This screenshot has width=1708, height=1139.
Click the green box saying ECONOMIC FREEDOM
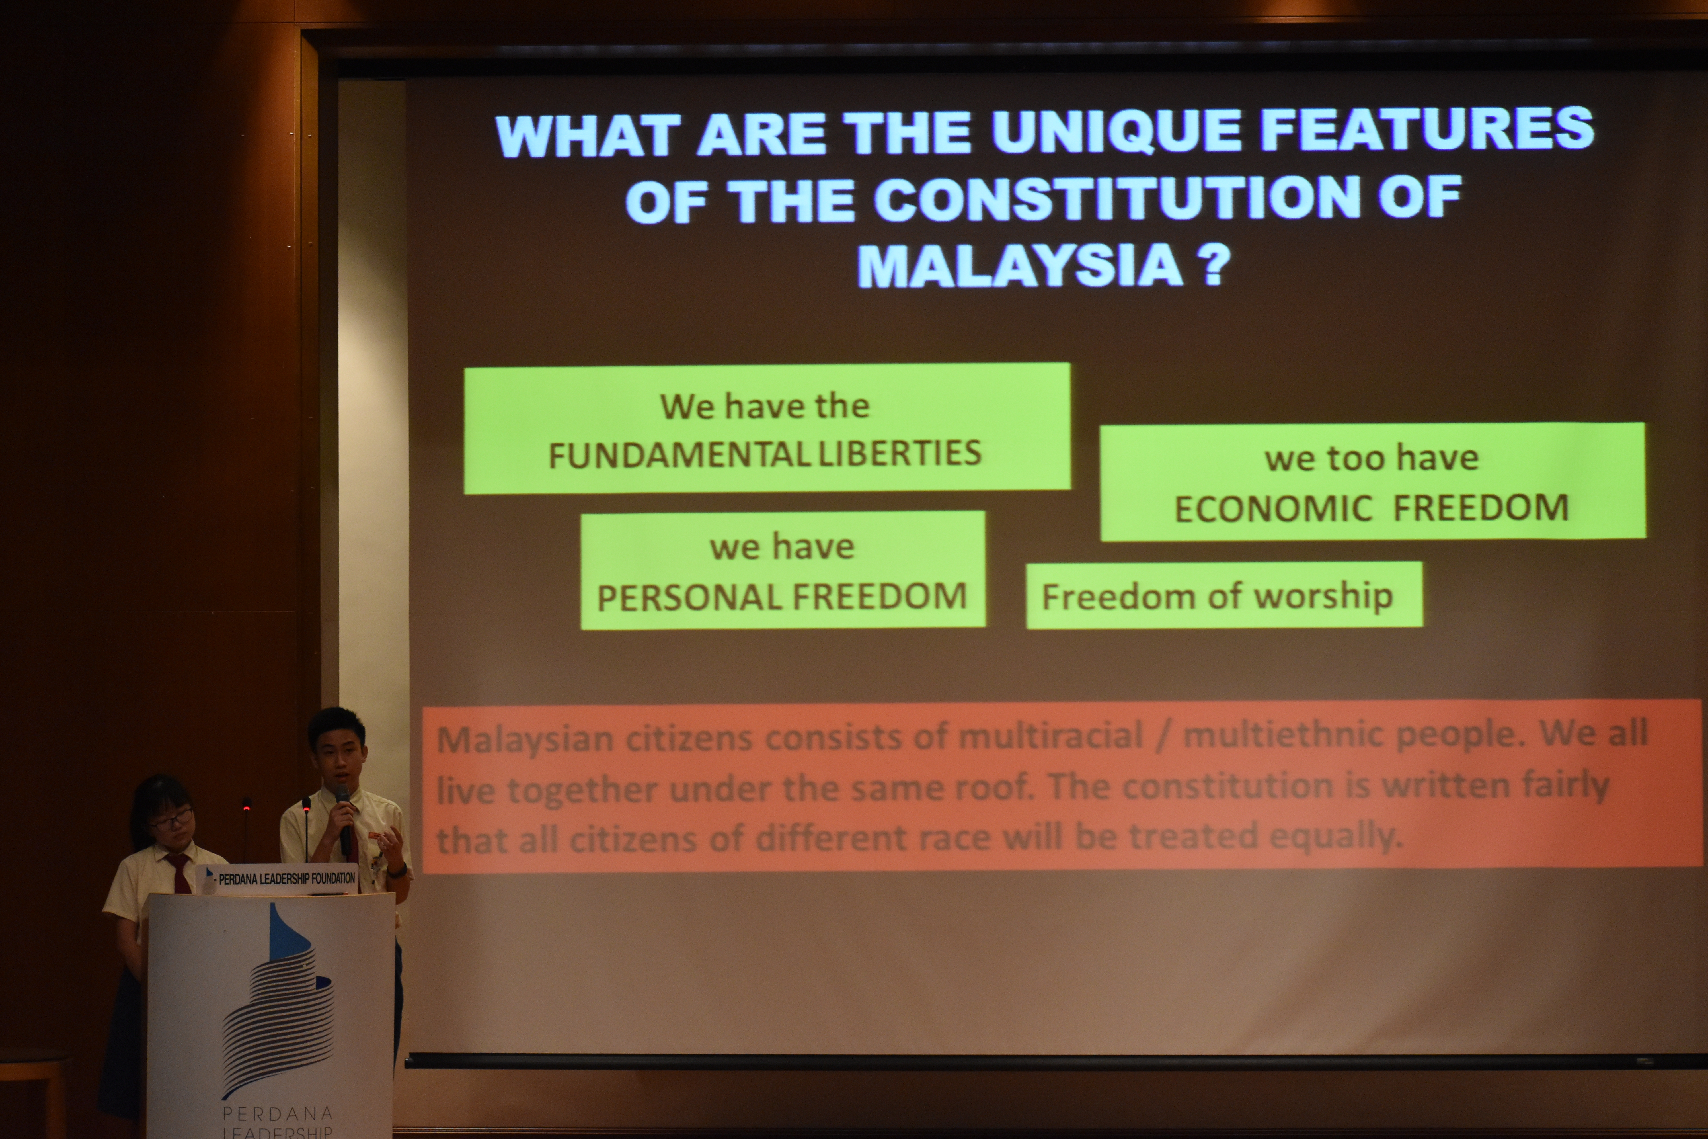1372,482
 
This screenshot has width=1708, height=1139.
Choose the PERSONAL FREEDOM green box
783,570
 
